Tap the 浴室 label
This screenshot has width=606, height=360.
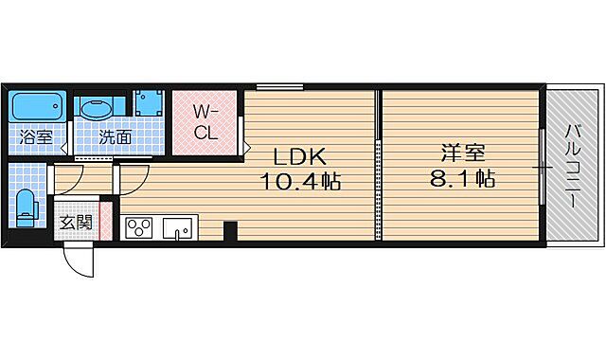point(37,136)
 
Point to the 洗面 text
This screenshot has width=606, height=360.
point(116,136)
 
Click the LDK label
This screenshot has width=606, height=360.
point(301,155)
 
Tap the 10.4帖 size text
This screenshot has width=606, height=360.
point(302,180)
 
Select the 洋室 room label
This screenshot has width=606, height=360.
point(462,152)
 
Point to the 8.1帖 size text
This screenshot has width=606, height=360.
point(462,179)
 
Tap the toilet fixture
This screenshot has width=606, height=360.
point(26,206)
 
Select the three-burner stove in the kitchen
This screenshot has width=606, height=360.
point(138,227)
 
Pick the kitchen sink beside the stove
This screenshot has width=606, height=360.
point(176,227)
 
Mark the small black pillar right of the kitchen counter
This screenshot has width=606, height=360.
point(229,230)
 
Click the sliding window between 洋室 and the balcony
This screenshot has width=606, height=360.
point(541,168)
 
